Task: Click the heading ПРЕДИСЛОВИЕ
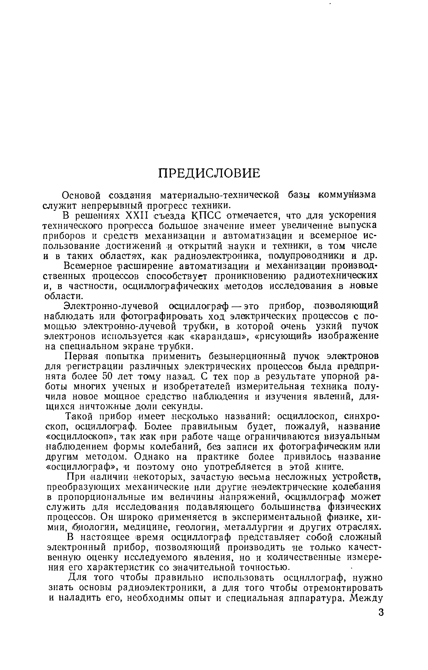(209, 173)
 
